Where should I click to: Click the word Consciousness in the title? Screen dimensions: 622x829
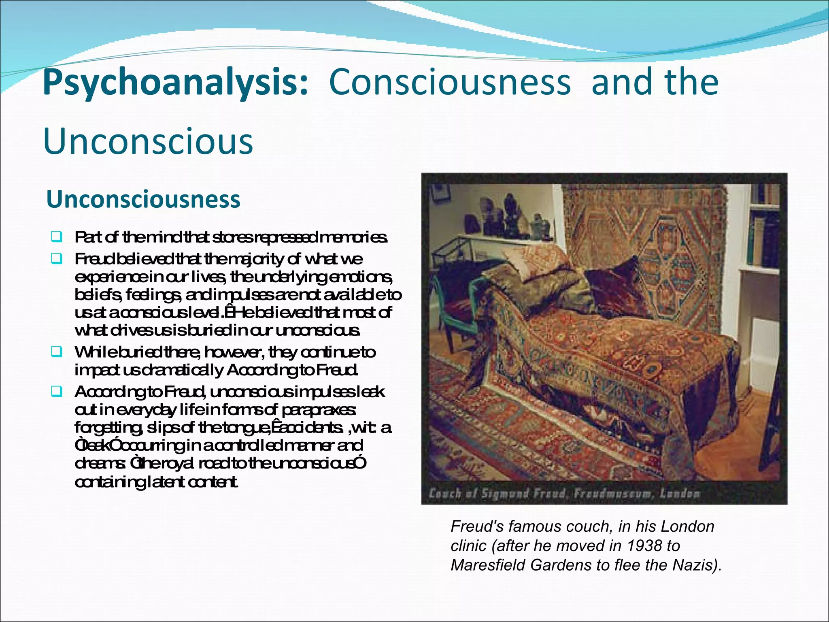tap(450, 82)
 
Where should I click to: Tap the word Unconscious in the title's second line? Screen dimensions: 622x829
tap(148, 141)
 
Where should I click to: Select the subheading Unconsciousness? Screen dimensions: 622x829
tap(143, 199)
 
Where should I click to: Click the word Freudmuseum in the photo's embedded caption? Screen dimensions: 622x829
tap(614, 494)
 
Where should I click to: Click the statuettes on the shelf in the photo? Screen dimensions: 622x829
tap(506, 215)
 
